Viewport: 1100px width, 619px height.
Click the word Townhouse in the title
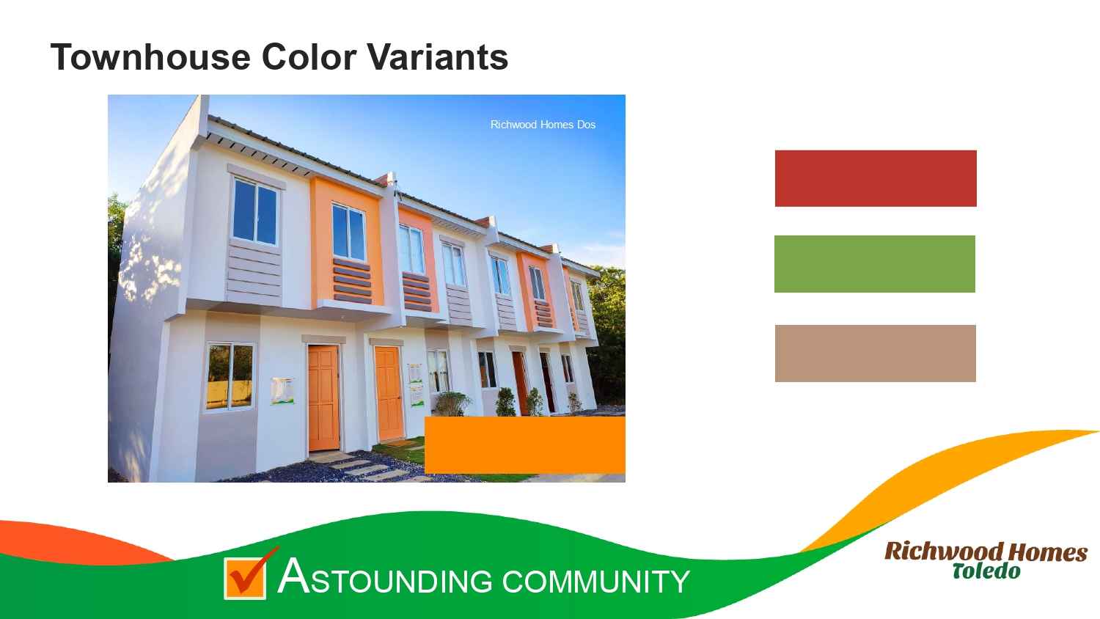(150, 57)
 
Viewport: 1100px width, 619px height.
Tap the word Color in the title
(309, 57)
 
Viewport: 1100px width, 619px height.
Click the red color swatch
(876, 178)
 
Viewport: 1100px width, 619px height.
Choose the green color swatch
(875, 264)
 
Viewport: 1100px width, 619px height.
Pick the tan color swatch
(875, 354)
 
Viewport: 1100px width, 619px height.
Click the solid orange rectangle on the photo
(525, 445)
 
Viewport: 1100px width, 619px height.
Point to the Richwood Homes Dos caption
(543, 125)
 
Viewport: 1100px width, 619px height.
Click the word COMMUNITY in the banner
(595, 581)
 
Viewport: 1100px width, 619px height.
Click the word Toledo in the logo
(986, 571)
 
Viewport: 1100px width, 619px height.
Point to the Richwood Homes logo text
(986, 552)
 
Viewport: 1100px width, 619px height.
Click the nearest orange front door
(323, 398)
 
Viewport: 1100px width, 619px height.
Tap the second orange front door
(389, 393)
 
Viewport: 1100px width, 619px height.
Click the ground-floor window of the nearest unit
(230, 376)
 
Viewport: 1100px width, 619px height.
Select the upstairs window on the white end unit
(255, 211)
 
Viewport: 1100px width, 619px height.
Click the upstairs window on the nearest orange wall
(348, 232)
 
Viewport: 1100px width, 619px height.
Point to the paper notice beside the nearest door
(282, 391)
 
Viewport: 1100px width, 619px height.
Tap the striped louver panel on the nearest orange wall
(353, 281)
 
